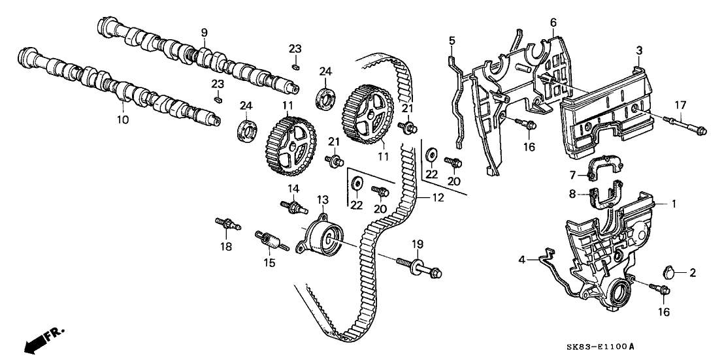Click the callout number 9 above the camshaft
click(x=204, y=33)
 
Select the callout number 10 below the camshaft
click(x=123, y=120)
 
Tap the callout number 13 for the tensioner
click(x=322, y=200)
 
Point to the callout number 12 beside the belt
click(x=438, y=198)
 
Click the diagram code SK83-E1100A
click(x=602, y=346)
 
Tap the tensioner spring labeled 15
click(x=272, y=241)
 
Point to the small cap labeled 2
click(x=669, y=272)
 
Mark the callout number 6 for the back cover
click(x=553, y=22)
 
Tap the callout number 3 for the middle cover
click(x=639, y=50)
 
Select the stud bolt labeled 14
click(x=294, y=206)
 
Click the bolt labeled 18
click(x=228, y=224)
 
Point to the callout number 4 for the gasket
click(x=521, y=260)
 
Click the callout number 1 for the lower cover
click(x=674, y=203)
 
